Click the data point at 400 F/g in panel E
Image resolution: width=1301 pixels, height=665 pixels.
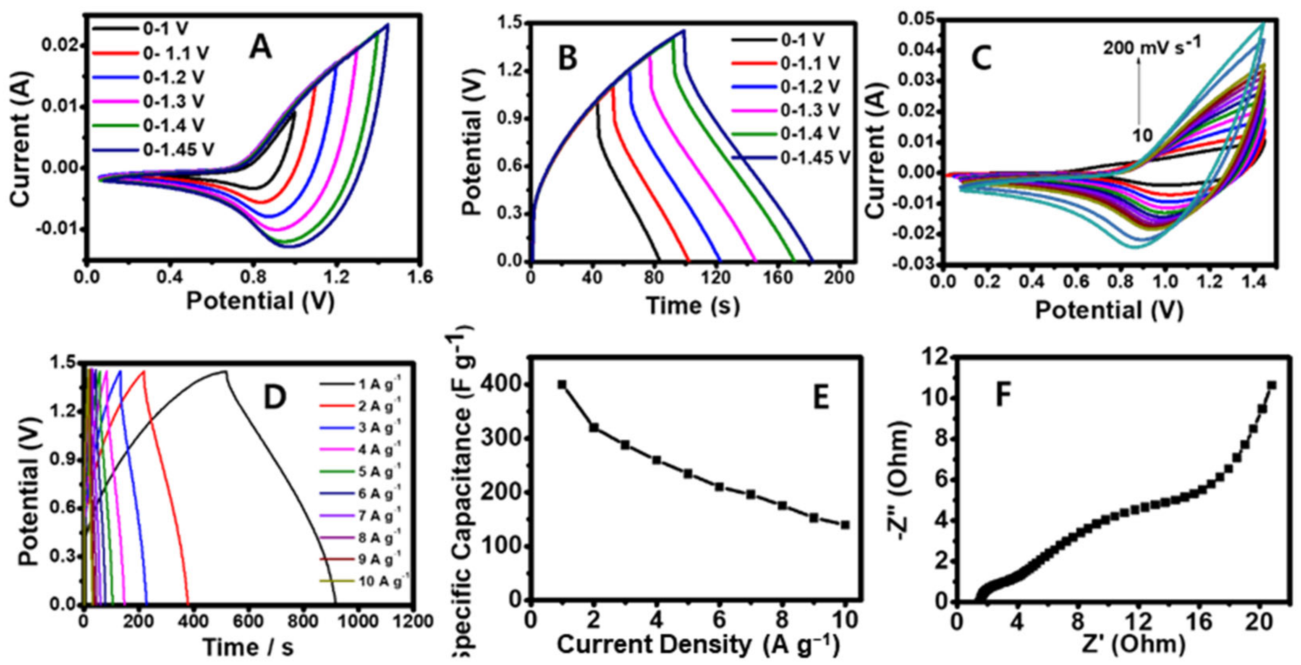pyautogui.click(x=562, y=385)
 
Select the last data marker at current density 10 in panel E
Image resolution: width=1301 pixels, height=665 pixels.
pyautogui.click(x=845, y=525)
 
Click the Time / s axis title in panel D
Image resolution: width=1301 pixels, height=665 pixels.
pyautogui.click(x=247, y=647)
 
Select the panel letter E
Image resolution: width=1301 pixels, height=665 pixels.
pyautogui.click(x=820, y=398)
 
